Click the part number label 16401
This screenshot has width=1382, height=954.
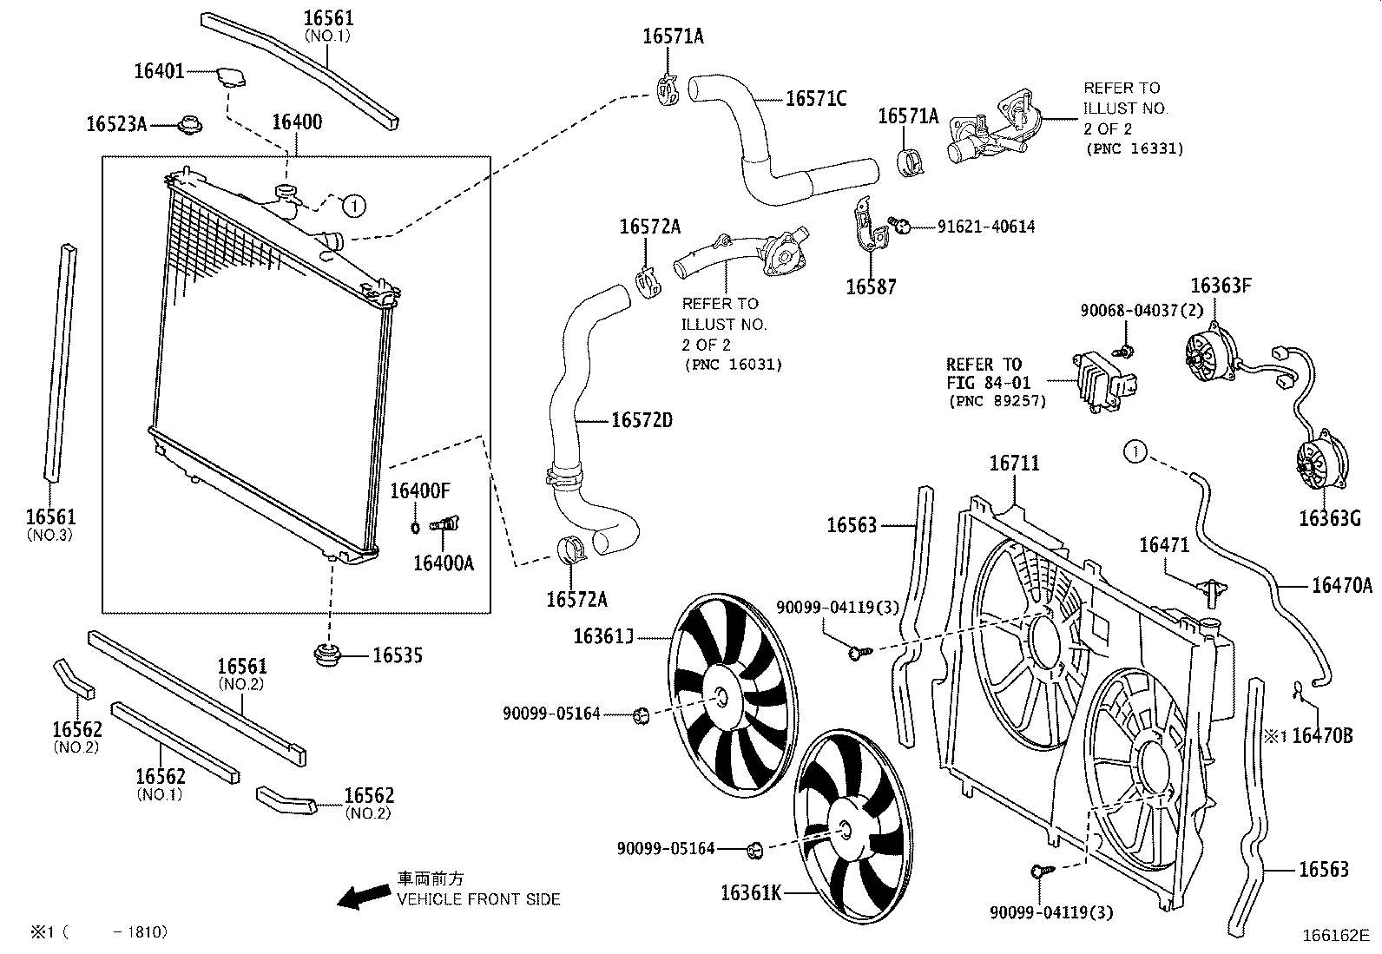point(159,71)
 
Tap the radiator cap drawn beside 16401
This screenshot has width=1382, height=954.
point(229,76)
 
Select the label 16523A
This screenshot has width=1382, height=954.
point(116,125)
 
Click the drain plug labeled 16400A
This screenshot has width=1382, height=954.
point(446,524)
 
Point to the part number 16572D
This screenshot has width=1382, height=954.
point(642,421)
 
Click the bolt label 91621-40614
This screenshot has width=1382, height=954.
point(986,227)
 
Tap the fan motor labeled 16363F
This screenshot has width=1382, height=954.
point(1209,358)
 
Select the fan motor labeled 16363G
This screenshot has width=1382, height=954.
point(1320,459)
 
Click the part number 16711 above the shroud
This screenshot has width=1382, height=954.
point(1014,464)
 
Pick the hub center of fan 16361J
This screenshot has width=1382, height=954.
point(722,696)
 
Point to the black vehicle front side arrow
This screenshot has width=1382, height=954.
point(363,897)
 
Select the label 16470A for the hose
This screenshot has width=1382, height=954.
point(1341,586)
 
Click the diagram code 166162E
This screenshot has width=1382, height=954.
point(1334,936)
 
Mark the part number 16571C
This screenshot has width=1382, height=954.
point(816,99)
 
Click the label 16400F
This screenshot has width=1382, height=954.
point(419,491)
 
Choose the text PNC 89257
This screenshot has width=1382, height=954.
point(997,401)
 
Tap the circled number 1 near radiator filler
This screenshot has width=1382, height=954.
point(353,206)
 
